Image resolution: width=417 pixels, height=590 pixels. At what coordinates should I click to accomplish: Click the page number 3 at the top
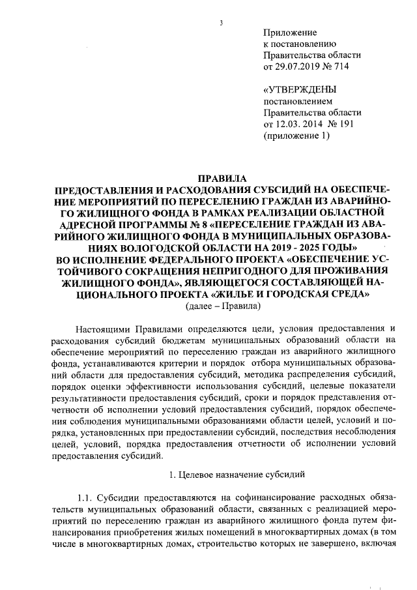[222, 24]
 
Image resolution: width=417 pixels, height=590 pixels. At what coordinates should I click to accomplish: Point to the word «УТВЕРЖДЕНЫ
[300, 90]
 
